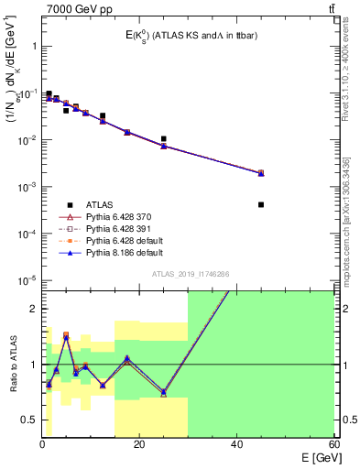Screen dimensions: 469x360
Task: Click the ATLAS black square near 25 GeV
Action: (163, 139)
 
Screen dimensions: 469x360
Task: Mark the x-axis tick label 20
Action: (139, 445)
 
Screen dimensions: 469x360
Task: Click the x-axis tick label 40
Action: (236, 445)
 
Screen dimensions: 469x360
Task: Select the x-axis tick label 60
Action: (333, 445)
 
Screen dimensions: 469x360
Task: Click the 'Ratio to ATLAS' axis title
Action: (12, 365)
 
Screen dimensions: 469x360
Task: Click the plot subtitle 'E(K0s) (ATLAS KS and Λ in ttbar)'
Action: (183, 36)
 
